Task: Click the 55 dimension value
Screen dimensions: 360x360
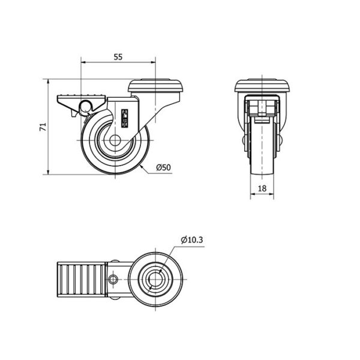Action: point(118,57)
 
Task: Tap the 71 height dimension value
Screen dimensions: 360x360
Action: point(43,127)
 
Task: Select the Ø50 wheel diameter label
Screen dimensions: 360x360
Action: point(163,167)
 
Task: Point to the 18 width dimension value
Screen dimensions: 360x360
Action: point(262,188)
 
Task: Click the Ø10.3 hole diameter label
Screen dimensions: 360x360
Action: point(192,240)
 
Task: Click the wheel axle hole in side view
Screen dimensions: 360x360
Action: point(115,140)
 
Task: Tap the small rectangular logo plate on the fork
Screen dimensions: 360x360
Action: point(124,118)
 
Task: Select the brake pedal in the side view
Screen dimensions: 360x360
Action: point(82,103)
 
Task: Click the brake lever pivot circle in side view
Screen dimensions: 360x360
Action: point(85,106)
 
